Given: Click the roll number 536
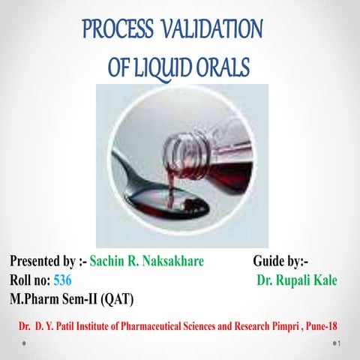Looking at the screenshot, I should pyautogui.click(x=64, y=280).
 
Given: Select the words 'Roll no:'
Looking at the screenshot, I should pyautogui.click(x=29, y=280).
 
